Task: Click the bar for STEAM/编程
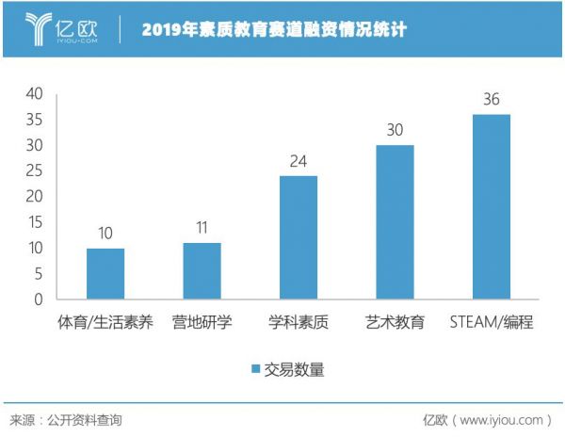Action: [x=491, y=207]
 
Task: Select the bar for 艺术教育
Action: [x=395, y=222]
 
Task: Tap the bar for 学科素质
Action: [x=298, y=237]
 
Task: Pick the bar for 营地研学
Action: [x=202, y=271]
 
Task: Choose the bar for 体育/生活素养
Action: [x=105, y=274]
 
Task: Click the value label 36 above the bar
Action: [x=491, y=100]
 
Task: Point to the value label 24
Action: [x=298, y=161]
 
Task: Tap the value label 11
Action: [x=202, y=229]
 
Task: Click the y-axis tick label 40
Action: [x=34, y=94]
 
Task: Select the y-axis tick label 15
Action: [x=34, y=222]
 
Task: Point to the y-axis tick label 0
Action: [x=39, y=299]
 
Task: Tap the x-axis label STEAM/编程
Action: [x=491, y=323]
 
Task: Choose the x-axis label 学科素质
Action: [x=298, y=323]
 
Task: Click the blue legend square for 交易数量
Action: [x=256, y=369]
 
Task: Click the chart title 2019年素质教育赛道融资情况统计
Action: [x=275, y=29]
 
